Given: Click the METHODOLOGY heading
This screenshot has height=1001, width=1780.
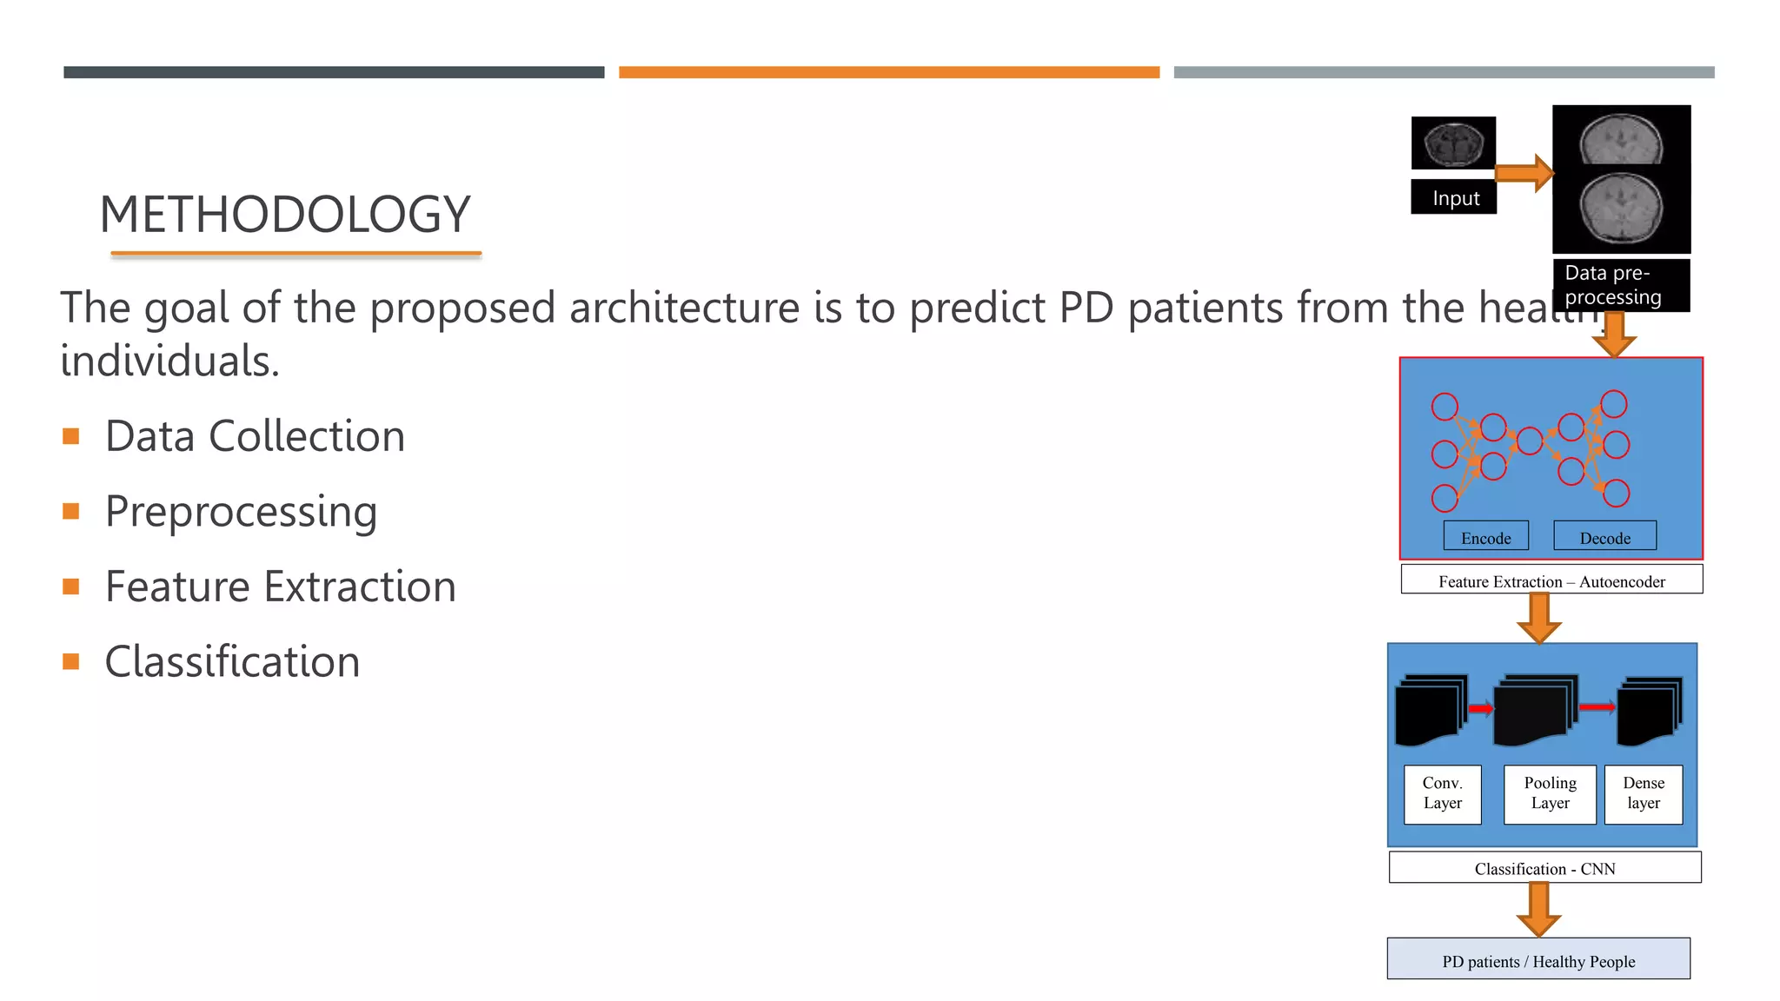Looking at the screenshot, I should [285, 215].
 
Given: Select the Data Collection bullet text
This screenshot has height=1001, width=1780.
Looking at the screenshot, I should [255, 436].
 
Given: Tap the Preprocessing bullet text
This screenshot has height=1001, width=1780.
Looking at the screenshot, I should [241, 511].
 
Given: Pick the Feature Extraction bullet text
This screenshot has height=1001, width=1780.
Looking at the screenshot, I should [280, 587].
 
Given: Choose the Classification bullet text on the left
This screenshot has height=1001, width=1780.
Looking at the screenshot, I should [232, 662].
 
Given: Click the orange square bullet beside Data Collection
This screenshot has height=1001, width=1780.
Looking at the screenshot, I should [71, 436].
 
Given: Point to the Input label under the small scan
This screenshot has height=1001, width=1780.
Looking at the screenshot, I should [1454, 198].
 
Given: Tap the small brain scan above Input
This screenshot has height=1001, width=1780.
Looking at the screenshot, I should [1453, 143].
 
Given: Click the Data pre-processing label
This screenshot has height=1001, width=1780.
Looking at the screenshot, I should [1620, 285].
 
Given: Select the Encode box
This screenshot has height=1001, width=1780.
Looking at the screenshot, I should [1485, 537].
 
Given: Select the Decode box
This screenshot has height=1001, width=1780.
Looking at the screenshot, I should [1604, 537].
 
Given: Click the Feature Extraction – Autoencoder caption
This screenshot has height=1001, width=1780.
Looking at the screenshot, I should [1551, 580].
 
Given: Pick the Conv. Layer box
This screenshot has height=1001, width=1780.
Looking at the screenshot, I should [1442, 793].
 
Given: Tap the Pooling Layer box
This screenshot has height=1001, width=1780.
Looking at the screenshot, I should [1550, 793].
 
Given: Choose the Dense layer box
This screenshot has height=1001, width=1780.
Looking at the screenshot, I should [1643, 793].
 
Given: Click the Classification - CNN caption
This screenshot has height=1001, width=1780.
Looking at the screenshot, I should [1544, 868].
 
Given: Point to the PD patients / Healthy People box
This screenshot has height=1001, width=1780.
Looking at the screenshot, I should [1538, 959].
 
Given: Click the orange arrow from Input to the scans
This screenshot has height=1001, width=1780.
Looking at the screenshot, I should [1524, 173].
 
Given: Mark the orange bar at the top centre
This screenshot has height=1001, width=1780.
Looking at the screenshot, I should [888, 73].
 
